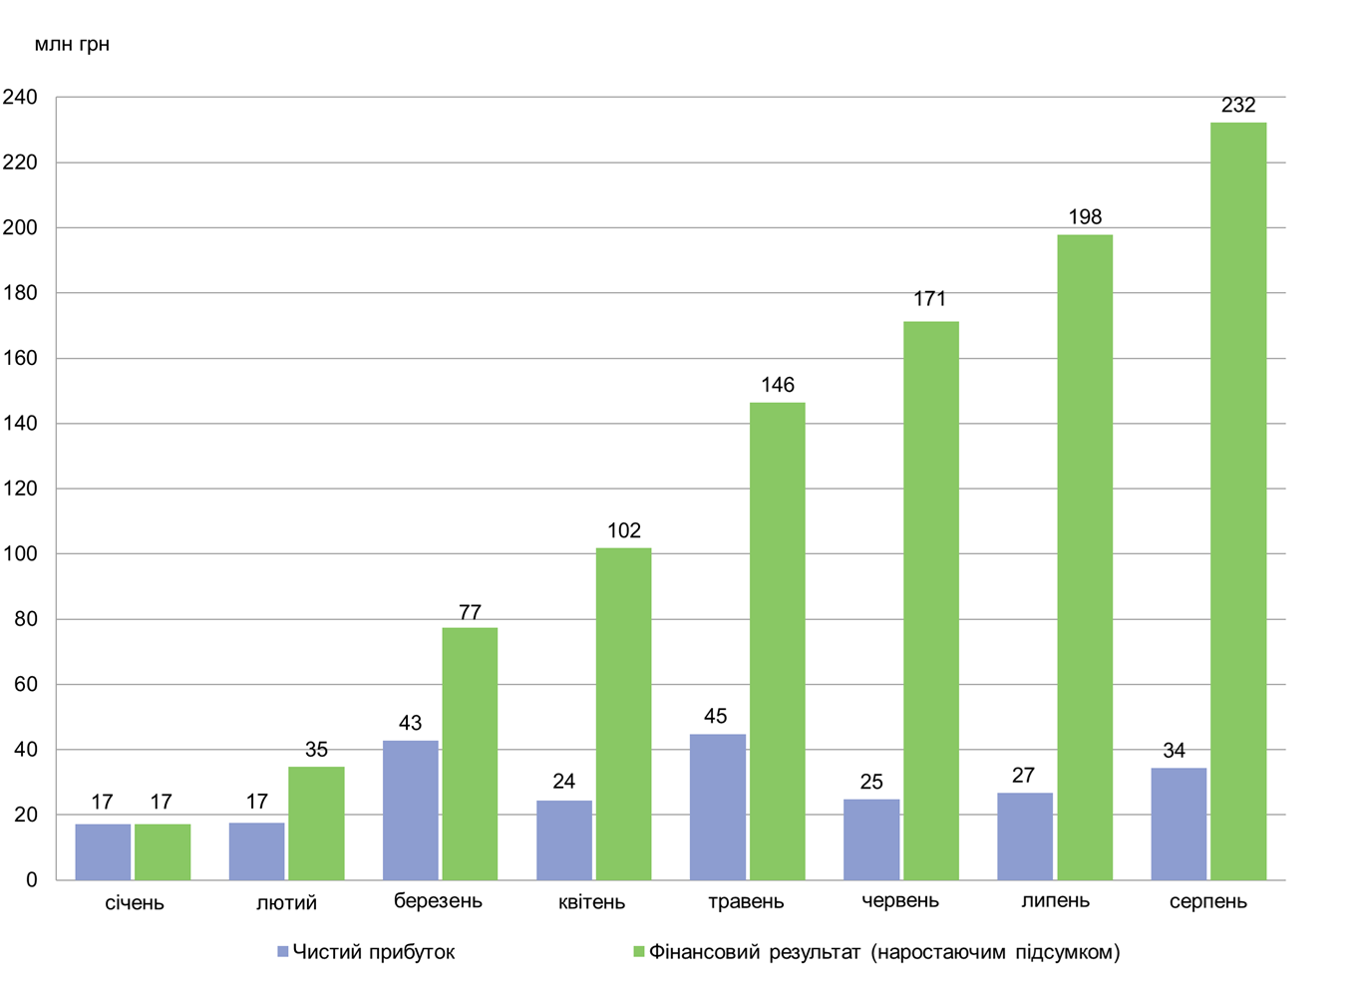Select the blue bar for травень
(717, 807)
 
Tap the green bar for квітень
(623, 714)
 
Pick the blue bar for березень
(410, 810)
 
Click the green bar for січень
(163, 851)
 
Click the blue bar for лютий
(256, 850)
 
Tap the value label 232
(1238, 106)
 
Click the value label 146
(778, 385)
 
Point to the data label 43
(410, 723)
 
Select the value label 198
(1085, 217)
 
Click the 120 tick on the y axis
(20, 489)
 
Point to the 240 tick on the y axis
(20, 98)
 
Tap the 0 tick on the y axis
(32, 880)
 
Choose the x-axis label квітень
(591, 902)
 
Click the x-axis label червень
(900, 901)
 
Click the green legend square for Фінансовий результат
(639, 952)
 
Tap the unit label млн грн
(72, 45)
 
